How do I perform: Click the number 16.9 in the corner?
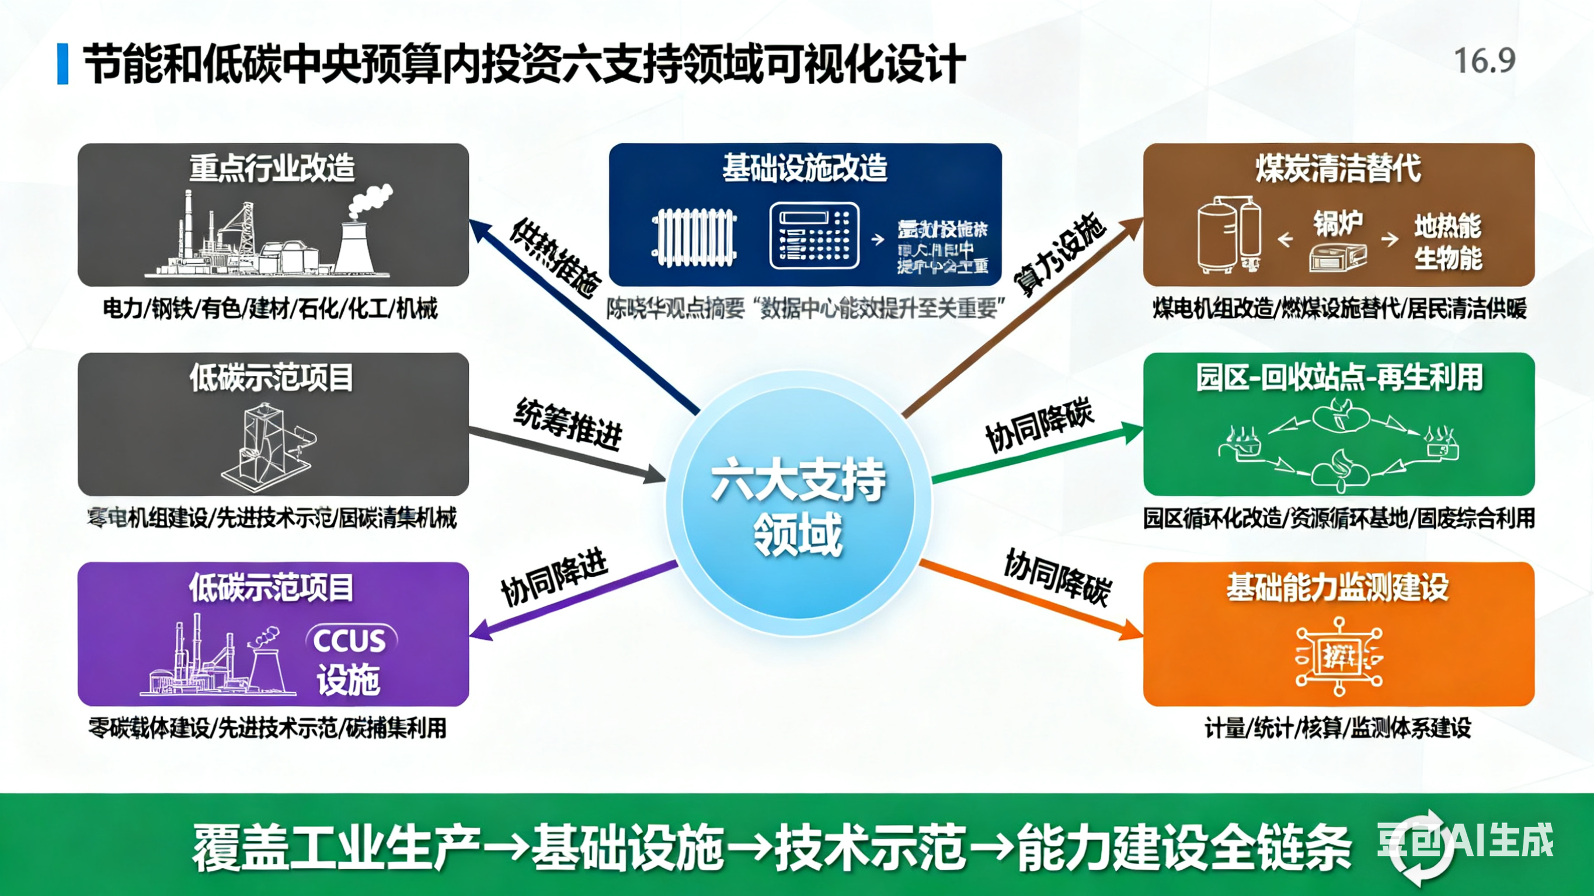(x=1484, y=61)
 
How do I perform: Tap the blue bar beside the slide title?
(x=62, y=64)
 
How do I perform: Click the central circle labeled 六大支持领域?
(x=798, y=504)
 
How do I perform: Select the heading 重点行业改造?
(x=272, y=168)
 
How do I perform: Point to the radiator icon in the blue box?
(x=694, y=238)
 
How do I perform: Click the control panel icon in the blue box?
(x=814, y=236)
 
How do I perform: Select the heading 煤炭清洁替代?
(x=1338, y=168)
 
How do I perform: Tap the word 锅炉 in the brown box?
(x=1338, y=223)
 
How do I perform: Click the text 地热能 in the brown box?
(x=1447, y=226)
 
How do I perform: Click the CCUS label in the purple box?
(x=350, y=640)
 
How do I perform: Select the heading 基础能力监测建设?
(x=1338, y=587)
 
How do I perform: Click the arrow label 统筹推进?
(x=568, y=423)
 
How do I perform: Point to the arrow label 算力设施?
(x=1059, y=254)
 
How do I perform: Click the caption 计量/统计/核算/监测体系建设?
(x=1338, y=728)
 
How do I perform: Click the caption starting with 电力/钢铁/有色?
(x=270, y=308)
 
